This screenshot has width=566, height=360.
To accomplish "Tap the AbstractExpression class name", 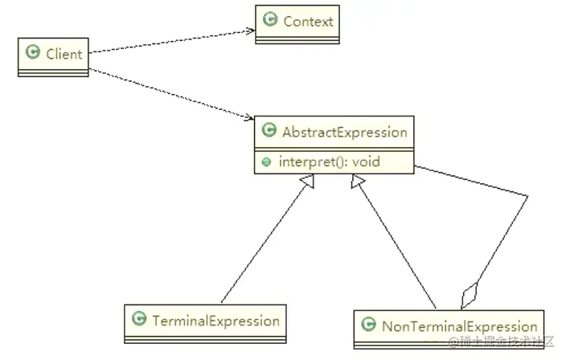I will pyautogui.click(x=343, y=132).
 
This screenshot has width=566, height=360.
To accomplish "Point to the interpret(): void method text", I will pyautogui.click(x=329, y=162).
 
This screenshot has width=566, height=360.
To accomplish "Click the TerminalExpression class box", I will pyautogui.click(x=205, y=321).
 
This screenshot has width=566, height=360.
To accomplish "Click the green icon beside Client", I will pyautogui.click(x=33, y=53).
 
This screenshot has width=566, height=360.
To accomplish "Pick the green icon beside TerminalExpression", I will pyautogui.click(x=138, y=320).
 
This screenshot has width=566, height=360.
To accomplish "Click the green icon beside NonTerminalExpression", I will pyautogui.click(x=368, y=325).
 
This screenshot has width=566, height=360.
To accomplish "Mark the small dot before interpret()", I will pyautogui.click(x=267, y=162).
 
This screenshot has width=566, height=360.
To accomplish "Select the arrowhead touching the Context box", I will pyautogui.click(x=250, y=31).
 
